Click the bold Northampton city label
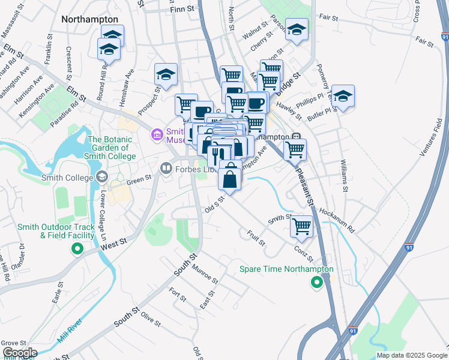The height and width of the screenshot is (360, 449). click(89, 19)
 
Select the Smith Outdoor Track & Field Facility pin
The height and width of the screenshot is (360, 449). click(76, 250)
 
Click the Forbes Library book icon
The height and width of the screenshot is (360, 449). click(166, 169)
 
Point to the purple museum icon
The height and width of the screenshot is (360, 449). click(157, 134)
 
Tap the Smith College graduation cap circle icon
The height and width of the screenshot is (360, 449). click(101, 178)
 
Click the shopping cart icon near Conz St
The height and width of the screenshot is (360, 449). click(301, 226)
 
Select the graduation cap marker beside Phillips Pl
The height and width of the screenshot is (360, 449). click(343, 95)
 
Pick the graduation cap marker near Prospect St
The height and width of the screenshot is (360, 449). click(166, 74)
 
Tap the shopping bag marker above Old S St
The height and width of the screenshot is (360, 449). click(231, 178)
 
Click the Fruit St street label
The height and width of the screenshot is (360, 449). click(256, 237)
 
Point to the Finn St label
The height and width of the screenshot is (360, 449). click(183, 9)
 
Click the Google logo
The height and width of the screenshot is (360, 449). click(19, 353)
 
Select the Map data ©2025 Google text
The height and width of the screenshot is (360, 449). click(411, 355)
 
